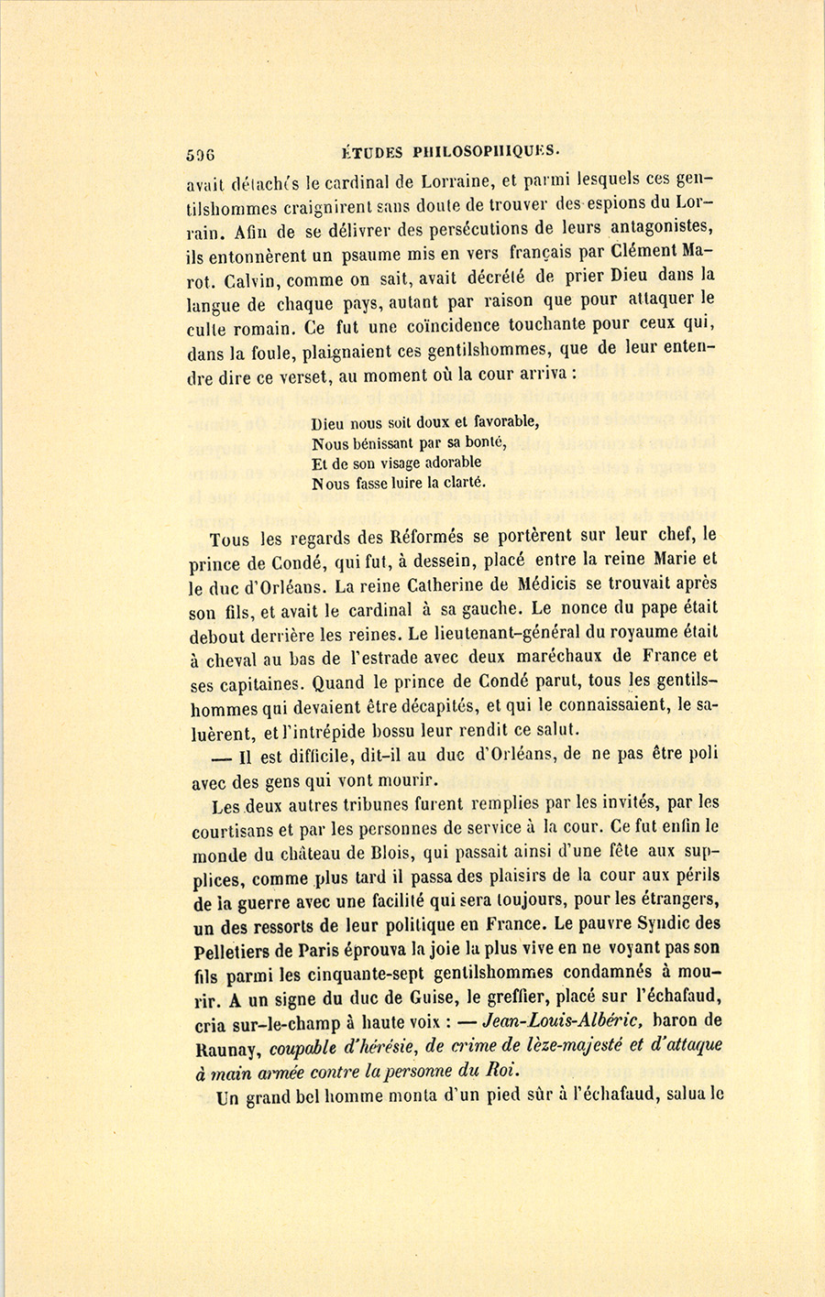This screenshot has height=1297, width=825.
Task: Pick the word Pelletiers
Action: (236, 950)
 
